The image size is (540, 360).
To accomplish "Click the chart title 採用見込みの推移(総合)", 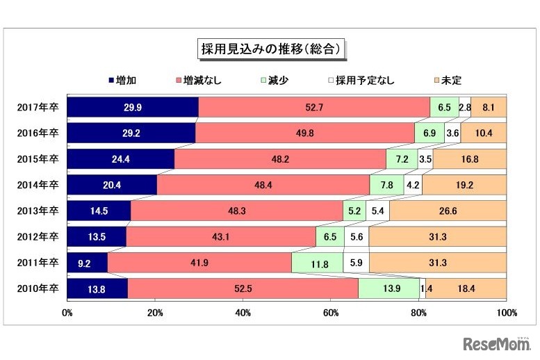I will click(269, 49).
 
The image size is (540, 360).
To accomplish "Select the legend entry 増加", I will click(122, 81).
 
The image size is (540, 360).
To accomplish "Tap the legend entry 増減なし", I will click(198, 81).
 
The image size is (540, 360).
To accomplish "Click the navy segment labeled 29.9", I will click(133, 108).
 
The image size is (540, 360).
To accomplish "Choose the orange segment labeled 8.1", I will click(489, 108).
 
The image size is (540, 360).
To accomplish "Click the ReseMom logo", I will click(495, 343).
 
